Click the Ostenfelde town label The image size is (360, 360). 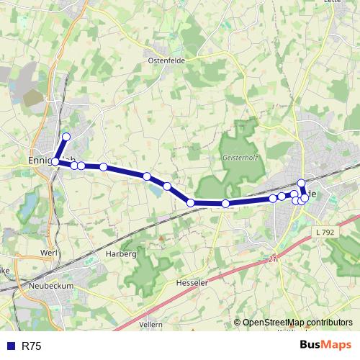pyautogui.click(x=167, y=60)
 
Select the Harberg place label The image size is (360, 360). pyautogui.click(x=120, y=254)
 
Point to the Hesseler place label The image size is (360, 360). pyautogui.click(x=192, y=283)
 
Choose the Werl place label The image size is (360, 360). pyautogui.click(x=50, y=253)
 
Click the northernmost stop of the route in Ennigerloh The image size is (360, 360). pyautogui.click(x=66, y=137)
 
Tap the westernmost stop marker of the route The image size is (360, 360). pyautogui.click(x=55, y=161)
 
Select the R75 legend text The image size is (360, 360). pyautogui.click(x=31, y=346)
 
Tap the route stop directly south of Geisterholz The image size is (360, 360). pyautogui.click(x=225, y=204)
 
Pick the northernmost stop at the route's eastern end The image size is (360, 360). pyautogui.click(x=302, y=183)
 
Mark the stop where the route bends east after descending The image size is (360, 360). pyautogui.click(x=191, y=203)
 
